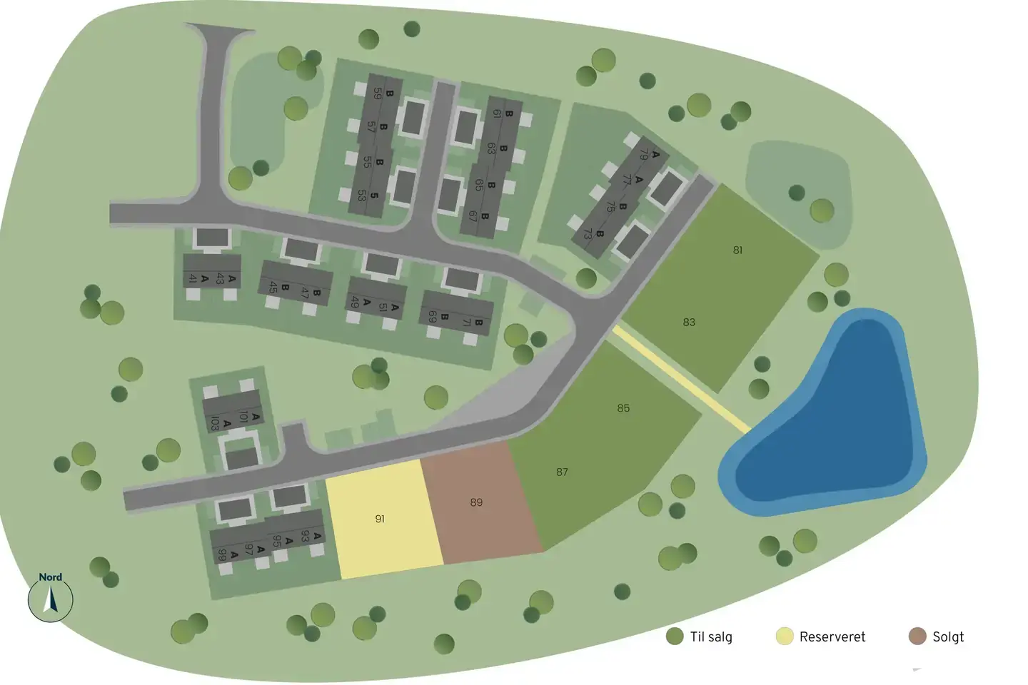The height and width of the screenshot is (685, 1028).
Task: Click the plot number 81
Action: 737,250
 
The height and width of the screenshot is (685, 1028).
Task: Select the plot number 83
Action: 689,323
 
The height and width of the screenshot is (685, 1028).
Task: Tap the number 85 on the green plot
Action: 623,408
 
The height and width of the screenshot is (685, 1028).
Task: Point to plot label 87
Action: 562,472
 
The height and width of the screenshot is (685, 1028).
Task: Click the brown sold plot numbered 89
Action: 476,502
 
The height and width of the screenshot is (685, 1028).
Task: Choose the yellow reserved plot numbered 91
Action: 380,519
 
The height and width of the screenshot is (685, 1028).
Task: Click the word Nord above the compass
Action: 50,577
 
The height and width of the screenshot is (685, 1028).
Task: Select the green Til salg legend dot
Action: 675,636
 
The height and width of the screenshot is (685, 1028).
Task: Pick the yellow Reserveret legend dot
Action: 785,636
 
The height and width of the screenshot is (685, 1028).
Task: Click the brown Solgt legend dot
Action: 917,636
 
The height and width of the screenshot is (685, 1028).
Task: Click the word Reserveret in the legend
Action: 832,636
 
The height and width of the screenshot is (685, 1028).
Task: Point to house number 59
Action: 377,93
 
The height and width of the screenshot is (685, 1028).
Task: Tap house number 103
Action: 214,423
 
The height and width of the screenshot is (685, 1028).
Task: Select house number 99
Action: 223,554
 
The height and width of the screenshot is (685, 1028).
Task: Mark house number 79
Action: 644,155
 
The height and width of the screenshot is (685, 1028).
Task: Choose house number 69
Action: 432,315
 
